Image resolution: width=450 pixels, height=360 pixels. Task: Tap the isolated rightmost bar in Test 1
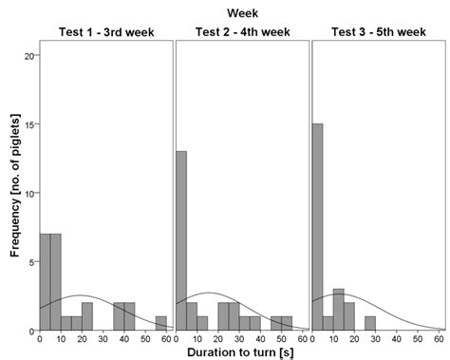[161, 323]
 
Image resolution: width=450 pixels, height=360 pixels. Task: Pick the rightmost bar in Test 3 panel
[370, 323]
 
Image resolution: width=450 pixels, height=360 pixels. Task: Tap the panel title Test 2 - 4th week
[242, 32]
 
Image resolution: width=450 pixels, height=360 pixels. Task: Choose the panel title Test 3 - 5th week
[378, 32]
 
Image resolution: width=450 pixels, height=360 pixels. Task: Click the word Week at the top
[242, 12]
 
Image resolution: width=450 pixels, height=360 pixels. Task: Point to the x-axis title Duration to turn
[241, 352]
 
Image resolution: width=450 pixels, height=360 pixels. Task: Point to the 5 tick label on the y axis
[30, 261]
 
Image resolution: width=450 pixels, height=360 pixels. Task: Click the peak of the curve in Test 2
[210, 293]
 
